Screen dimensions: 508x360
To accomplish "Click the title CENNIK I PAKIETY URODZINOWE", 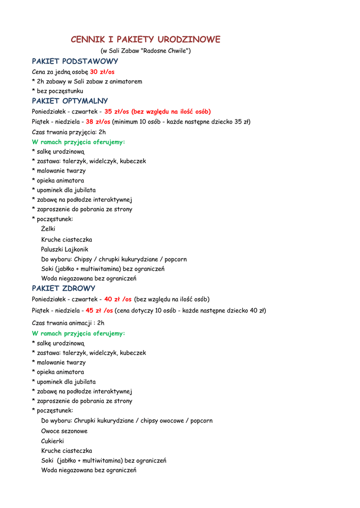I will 145,40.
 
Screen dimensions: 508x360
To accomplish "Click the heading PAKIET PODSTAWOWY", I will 75,62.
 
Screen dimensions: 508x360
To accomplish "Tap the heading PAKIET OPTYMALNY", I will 70,101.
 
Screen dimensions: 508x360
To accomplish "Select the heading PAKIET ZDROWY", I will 64,288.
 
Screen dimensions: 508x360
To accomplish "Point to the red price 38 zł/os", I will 98,122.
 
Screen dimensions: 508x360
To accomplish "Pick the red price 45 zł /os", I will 99,311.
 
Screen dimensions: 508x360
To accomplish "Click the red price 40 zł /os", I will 118,299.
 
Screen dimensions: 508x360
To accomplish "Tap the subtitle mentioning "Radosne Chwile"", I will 145,51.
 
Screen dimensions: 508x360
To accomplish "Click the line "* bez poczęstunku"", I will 58,91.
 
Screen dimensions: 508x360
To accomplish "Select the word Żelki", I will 48,229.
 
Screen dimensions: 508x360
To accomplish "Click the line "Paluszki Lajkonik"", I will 65,250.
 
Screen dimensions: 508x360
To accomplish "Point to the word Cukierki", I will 53,441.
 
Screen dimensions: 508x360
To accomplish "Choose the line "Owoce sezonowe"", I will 64,431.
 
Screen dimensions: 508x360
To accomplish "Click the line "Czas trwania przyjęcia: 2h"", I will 69,132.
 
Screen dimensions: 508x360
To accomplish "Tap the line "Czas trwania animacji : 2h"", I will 68,322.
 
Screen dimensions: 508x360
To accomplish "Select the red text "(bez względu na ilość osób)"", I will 171,112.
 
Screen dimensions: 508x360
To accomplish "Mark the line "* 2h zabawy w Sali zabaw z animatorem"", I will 87,81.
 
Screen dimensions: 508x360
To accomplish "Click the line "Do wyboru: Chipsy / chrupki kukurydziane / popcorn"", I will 114,259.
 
